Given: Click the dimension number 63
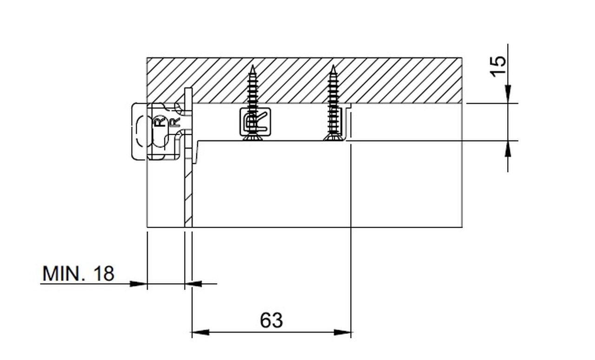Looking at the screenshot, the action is click(271, 321).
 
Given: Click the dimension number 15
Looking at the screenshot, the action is click(498, 66).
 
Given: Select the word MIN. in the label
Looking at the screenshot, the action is click(64, 274).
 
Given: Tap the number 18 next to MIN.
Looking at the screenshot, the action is click(104, 274).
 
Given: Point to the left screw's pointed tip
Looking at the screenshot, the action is click(252, 65).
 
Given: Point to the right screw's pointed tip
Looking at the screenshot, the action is click(333, 65).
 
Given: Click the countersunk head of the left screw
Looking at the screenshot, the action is click(252, 137).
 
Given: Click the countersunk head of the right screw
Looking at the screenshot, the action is click(333, 137).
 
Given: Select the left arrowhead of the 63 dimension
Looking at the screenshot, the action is click(200, 332).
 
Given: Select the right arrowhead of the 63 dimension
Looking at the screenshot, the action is click(342, 332).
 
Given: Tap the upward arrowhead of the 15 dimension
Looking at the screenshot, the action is click(508, 149).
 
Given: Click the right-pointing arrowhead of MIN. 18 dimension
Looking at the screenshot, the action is click(139, 284).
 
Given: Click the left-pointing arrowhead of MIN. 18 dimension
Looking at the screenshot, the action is click(193, 284).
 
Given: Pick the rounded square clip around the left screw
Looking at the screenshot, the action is click(255, 122).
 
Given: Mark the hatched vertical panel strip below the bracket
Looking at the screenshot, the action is click(188, 194).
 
